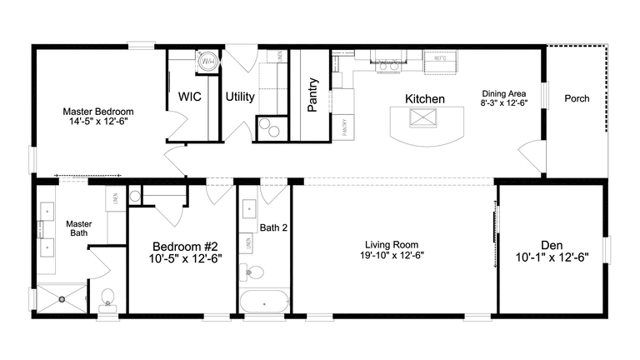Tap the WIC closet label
(x=190, y=97)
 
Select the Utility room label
(x=240, y=97)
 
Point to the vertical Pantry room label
(x=312, y=94)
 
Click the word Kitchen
(x=424, y=99)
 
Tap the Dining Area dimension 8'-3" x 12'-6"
(x=504, y=102)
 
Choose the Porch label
(x=577, y=98)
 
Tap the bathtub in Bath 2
(x=263, y=302)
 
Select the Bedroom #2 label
(x=184, y=247)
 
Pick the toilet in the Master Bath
(x=107, y=298)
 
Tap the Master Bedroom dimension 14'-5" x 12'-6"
(x=98, y=121)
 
